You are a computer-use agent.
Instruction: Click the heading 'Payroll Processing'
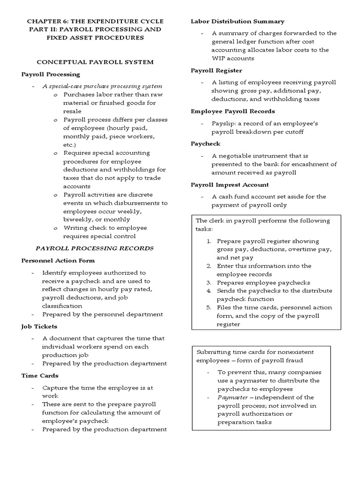51,74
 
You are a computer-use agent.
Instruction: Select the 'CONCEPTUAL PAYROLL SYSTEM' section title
95,62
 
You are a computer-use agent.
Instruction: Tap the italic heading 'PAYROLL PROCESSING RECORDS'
95,248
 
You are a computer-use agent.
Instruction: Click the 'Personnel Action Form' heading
58,260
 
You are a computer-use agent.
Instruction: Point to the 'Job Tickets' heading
39,326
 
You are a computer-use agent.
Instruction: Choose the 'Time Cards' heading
40,375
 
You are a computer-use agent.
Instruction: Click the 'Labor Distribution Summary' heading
237,21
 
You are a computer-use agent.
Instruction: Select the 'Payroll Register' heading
216,70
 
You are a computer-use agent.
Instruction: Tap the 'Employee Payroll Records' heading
232,111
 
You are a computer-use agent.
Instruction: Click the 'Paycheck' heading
205,143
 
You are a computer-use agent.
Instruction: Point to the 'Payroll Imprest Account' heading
230,185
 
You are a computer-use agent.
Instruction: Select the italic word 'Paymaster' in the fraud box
232,397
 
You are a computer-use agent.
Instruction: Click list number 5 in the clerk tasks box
210,307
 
